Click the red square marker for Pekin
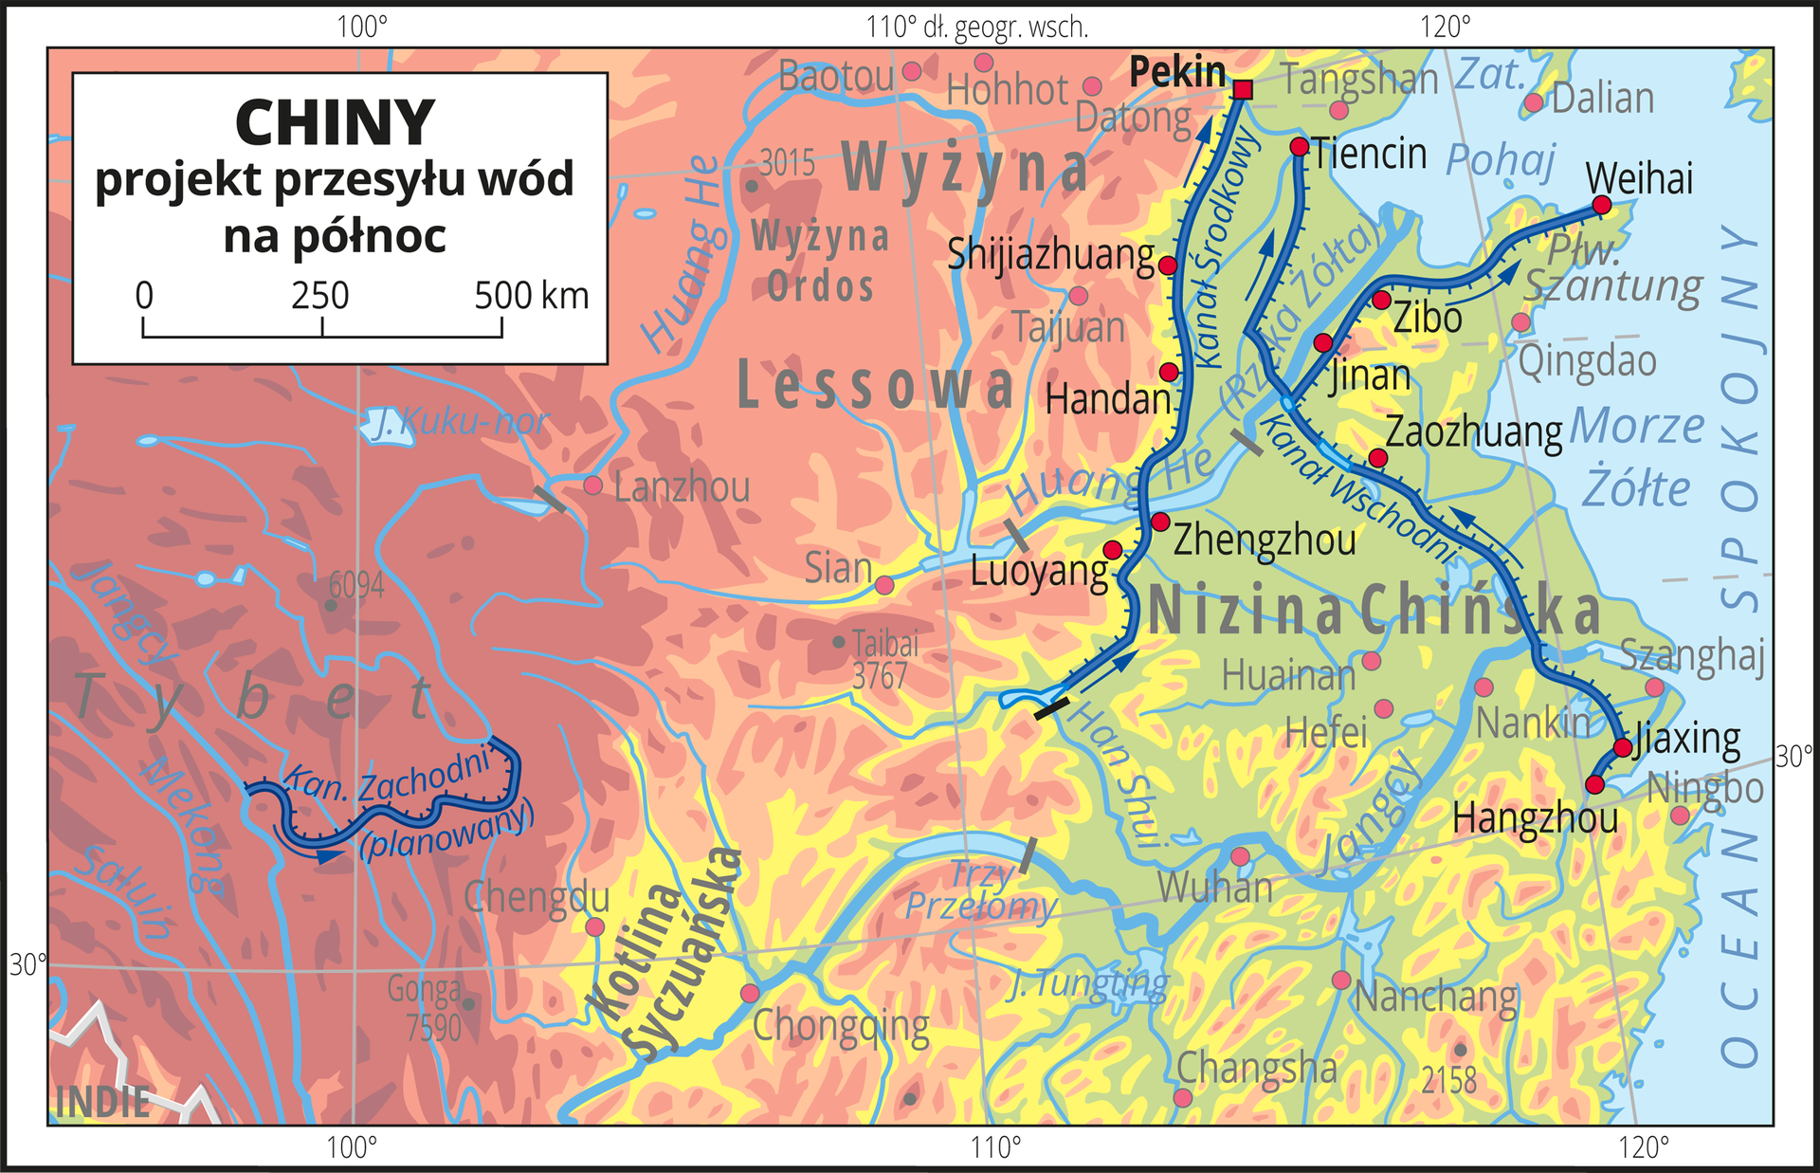pyautogui.click(x=1244, y=89)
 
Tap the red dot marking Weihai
pyautogui.click(x=1601, y=205)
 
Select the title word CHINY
pyautogui.click(x=335, y=123)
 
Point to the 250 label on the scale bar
pyautogui.click(x=320, y=296)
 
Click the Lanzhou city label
pyautogui.click(x=682, y=487)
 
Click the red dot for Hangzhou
pyautogui.click(x=1594, y=784)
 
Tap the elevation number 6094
pyautogui.click(x=356, y=585)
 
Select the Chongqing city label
pyautogui.click(x=841, y=1027)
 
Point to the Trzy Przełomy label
pyautogui.click(x=981, y=890)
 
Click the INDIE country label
pyautogui.click(x=102, y=1102)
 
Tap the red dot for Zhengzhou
pyautogui.click(x=1160, y=522)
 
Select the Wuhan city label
pyautogui.click(x=1214, y=888)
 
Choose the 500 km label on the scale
pyautogui.click(x=531, y=296)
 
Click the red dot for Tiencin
pyautogui.click(x=1300, y=146)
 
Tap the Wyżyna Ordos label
pyautogui.click(x=821, y=261)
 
